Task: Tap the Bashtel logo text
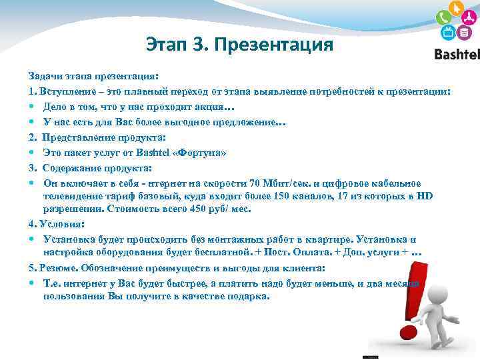coord(457,54)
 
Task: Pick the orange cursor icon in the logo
coord(456,9)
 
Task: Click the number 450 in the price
coord(199,209)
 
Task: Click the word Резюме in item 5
coord(59,268)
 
